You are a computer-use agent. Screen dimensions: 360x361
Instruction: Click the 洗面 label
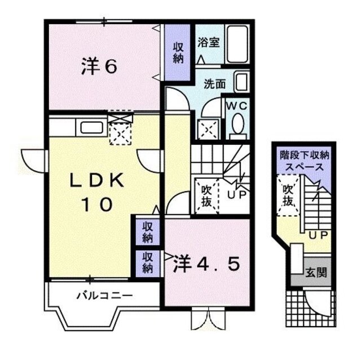(214, 85)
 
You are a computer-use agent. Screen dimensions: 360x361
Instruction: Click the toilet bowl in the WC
(237, 124)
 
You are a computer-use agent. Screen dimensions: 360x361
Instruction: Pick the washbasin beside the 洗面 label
(242, 82)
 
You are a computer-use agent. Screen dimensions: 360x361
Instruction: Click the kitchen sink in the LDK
(90, 127)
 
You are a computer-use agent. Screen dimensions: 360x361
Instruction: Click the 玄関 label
(315, 273)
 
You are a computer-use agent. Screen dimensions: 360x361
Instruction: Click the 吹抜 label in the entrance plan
(288, 195)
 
